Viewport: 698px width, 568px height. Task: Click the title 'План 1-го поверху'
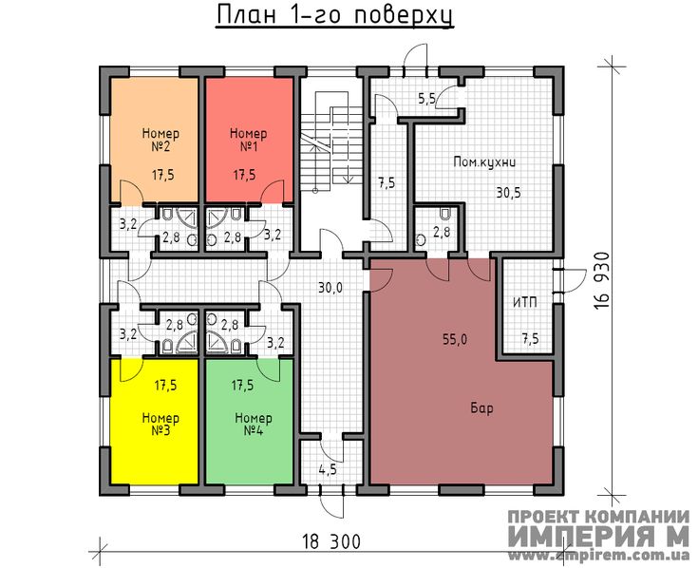pyautogui.click(x=335, y=15)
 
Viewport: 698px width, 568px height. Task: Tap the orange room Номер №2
pyautogui.click(x=154, y=140)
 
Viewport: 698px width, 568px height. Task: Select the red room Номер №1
pyautogui.click(x=249, y=140)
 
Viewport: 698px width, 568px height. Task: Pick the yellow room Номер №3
pyautogui.click(x=154, y=421)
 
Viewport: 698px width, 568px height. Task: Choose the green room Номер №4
pyautogui.click(x=249, y=421)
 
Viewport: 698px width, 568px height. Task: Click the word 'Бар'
pyautogui.click(x=481, y=407)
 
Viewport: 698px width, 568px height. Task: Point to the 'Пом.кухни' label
pyautogui.click(x=484, y=161)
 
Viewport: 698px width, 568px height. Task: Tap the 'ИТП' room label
pyautogui.click(x=525, y=303)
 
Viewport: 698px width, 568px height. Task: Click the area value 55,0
pyautogui.click(x=455, y=340)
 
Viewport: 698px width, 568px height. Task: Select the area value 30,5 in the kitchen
pyautogui.click(x=508, y=193)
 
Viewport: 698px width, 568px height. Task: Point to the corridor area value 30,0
pyautogui.click(x=330, y=288)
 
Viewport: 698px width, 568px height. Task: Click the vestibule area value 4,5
pyautogui.click(x=328, y=469)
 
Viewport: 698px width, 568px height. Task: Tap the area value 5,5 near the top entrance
pyautogui.click(x=426, y=98)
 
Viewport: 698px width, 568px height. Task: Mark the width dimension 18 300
pyautogui.click(x=331, y=542)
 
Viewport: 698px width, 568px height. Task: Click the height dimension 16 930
pyautogui.click(x=601, y=281)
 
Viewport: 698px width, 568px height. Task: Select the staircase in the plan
pyautogui.click(x=324, y=142)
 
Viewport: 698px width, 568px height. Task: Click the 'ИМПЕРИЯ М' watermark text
pyautogui.click(x=598, y=536)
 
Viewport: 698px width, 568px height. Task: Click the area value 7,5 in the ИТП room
pyautogui.click(x=530, y=339)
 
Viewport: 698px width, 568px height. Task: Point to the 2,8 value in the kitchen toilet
pyautogui.click(x=442, y=232)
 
